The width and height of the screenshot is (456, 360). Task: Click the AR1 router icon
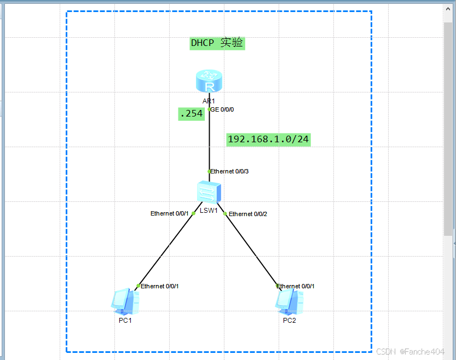[x=209, y=82]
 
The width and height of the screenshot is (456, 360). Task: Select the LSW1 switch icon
[x=209, y=193]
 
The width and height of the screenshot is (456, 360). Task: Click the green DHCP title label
[x=217, y=43]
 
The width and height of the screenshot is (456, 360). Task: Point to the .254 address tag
[x=191, y=114]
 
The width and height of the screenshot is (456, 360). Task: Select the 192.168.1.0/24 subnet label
[x=268, y=140]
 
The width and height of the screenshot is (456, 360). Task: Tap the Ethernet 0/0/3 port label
[x=230, y=171]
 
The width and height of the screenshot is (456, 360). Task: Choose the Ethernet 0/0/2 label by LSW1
[x=248, y=214]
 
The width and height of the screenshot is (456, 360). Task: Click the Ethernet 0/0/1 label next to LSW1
[x=170, y=213]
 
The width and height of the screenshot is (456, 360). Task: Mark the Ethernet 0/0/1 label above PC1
[x=160, y=286]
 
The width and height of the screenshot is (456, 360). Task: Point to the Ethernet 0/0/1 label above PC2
[x=296, y=286]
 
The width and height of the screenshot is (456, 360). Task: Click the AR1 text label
[x=209, y=101]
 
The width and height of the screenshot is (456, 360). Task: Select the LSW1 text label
[x=209, y=211]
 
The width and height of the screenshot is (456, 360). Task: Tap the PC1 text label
[x=125, y=321]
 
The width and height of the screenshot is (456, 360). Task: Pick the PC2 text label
[x=290, y=321]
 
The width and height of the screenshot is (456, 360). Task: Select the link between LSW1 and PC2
[x=252, y=250]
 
